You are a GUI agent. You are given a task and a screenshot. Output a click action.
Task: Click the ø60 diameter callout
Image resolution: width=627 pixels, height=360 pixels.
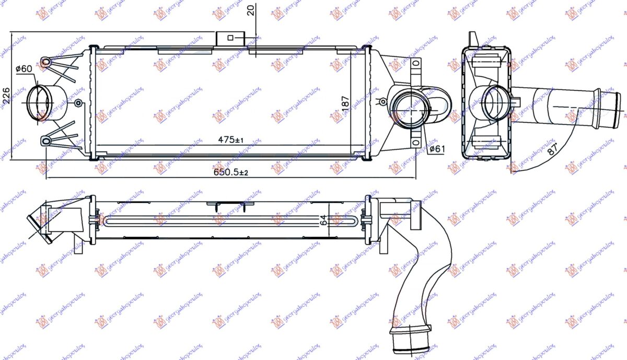click(x=24, y=69)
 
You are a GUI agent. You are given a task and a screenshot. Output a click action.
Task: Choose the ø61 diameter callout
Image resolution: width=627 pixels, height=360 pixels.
click(x=436, y=149)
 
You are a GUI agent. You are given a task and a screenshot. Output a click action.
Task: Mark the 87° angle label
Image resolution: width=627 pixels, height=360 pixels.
click(x=552, y=148)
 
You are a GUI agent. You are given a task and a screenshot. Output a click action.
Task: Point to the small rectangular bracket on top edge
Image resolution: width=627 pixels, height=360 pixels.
click(x=230, y=38)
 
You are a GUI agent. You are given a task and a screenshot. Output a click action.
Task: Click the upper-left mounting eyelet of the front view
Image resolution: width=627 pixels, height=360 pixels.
click(x=46, y=62)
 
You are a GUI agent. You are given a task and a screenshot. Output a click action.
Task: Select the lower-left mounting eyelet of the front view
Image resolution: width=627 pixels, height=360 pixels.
click(x=46, y=140)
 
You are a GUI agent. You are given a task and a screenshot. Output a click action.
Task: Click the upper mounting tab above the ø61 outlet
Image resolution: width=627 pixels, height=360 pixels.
click(x=416, y=67)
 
